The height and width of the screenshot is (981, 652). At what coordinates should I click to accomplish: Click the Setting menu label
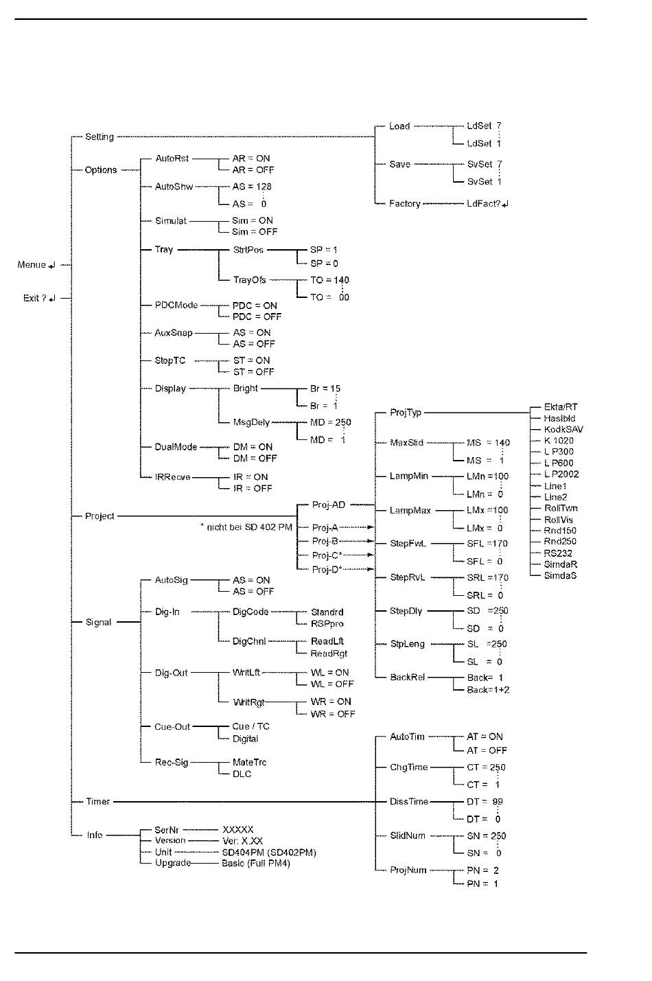99,137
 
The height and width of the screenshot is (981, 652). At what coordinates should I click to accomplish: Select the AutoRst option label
172,158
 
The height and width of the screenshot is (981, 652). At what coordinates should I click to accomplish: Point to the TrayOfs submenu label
249,280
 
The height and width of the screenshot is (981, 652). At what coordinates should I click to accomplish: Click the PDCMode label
176,305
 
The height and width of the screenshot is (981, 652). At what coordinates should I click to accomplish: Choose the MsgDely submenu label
251,422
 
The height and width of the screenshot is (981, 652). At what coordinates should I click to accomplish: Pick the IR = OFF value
253,488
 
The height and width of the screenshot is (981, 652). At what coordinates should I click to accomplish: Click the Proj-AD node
329,505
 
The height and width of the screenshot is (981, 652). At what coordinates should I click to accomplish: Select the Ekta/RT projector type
561,406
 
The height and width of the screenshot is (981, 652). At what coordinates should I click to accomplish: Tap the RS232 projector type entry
558,553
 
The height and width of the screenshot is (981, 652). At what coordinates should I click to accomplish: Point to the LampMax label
410,510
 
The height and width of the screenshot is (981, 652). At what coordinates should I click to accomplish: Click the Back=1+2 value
488,689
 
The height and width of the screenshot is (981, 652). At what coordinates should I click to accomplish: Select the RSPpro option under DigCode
327,623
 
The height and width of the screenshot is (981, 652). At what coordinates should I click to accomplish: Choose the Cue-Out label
172,726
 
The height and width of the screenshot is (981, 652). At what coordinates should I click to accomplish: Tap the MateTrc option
249,762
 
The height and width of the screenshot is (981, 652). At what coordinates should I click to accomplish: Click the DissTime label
409,801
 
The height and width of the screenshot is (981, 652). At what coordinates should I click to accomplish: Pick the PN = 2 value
482,870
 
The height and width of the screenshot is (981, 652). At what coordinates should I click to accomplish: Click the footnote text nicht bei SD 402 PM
246,527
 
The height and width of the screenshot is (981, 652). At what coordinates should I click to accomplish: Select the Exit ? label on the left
38,298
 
